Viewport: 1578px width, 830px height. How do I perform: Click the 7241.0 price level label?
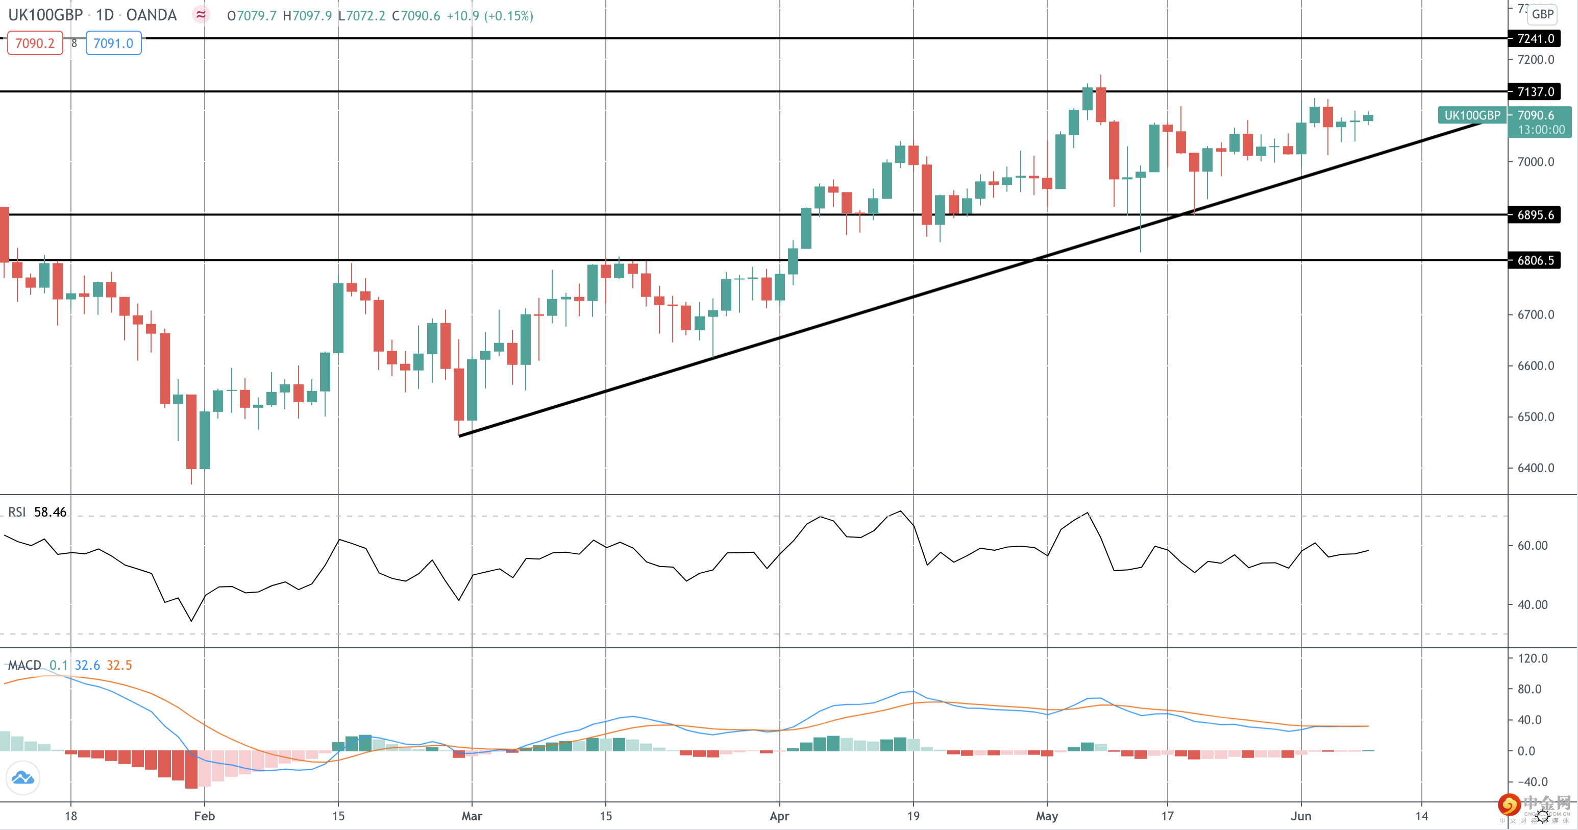[1535, 39]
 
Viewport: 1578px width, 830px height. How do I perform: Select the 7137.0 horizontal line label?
[1535, 92]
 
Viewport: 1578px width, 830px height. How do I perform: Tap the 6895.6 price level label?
[1535, 215]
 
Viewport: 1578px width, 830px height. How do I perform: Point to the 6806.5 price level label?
[1535, 260]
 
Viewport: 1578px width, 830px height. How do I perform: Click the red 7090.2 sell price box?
[35, 43]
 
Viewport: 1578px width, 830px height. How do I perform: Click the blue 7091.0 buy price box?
[113, 43]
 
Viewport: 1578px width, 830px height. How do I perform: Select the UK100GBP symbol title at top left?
[45, 15]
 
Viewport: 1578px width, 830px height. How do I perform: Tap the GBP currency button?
[1542, 14]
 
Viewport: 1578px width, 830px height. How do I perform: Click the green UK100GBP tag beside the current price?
[1471, 115]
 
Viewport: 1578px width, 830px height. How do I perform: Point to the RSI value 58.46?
[50, 512]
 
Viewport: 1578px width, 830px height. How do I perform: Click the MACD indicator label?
[24, 665]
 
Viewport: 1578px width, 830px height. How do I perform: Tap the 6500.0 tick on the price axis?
[1535, 417]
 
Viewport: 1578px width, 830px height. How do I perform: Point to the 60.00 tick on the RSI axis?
[1533, 546]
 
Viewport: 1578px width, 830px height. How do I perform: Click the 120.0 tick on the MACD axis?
[1533, 658]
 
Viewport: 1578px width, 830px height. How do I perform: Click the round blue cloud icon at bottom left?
[22, 778]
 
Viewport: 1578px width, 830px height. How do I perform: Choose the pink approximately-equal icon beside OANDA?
[201, 15]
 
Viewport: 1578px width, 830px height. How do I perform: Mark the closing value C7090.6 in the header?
[416, 16]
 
